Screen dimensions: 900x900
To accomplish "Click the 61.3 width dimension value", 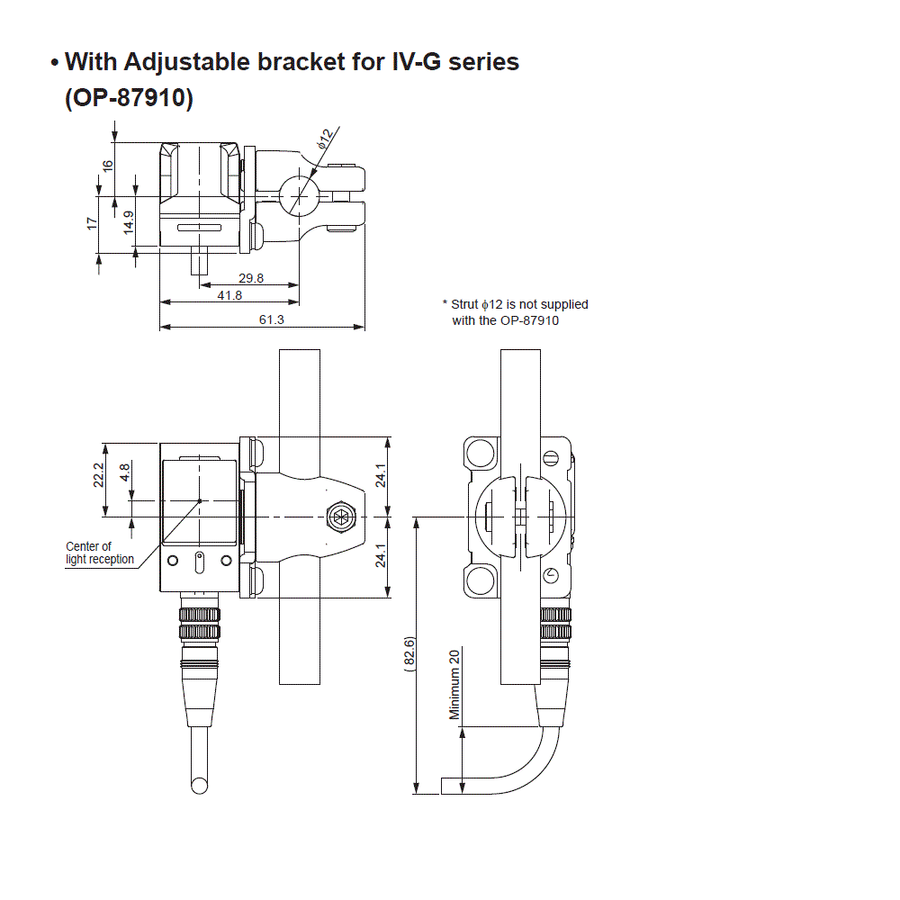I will click(271, 319).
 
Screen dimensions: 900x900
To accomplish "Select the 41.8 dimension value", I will click(229, 295).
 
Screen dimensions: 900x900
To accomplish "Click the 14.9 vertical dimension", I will click(128, 222).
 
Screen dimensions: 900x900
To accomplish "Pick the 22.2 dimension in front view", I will click(99, 474).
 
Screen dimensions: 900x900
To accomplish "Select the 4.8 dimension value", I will click(125, 472).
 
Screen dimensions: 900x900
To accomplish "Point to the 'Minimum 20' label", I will click(454, 684).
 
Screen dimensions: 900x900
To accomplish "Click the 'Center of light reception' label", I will click(99, 553).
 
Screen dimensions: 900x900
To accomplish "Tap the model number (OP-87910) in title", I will click(129, 98).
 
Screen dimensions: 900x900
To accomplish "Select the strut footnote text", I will click(515, 312).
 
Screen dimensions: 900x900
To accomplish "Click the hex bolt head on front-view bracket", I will click(341, 517).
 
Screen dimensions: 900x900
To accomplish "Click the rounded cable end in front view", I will click(199, 787).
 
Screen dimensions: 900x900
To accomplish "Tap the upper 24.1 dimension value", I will click(381, 476).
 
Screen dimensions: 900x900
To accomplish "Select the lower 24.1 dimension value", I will click(381, 556).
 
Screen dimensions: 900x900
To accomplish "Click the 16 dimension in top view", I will click(108, 166).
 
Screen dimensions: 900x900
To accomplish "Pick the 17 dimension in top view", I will click(92, 222).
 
